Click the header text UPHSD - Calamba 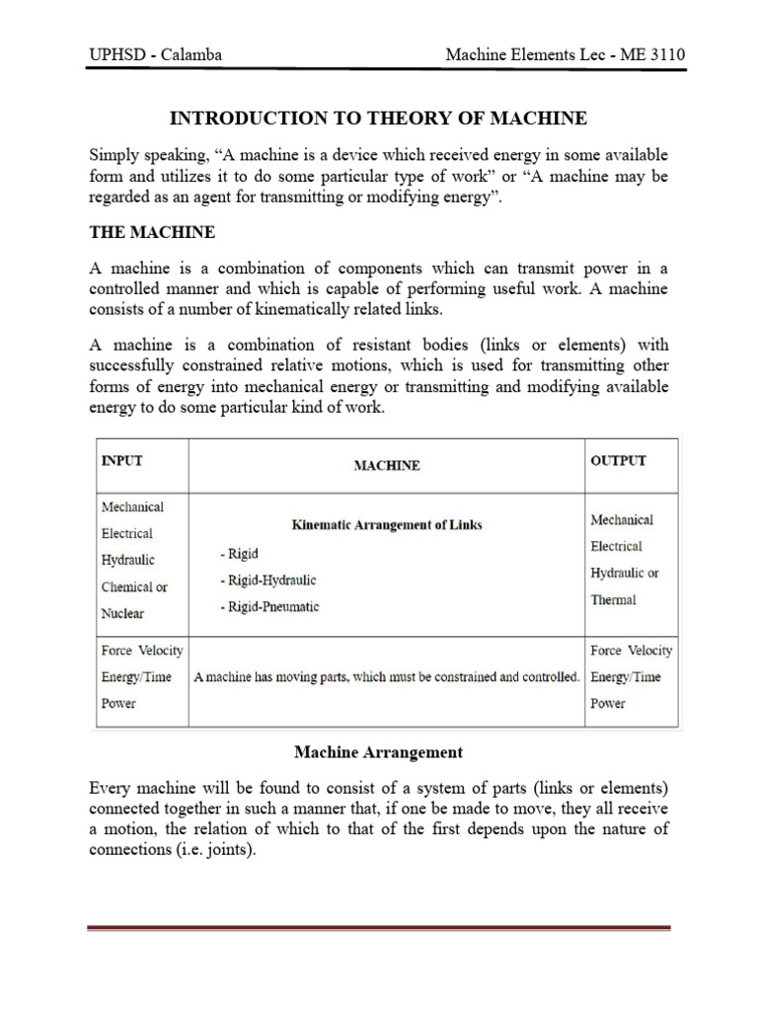[x=155, y=54]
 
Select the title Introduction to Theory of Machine [x=378, y=118]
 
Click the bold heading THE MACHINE [x=152, y=233]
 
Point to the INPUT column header [x=128, y=461]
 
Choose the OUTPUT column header [x=618, y=461]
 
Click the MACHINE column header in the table [x=387, y=466]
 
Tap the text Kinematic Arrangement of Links [x=387, y=525]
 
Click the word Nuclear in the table [x=122, y=613]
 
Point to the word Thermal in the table [x=613, y=599]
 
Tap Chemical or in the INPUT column [x=134, y=586]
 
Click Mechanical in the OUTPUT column [x=621, y=519]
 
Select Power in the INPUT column [x=118, y=704]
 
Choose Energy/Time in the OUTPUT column [x=625, y=677]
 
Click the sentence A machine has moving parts [x=386, y=677]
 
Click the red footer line [x=378, y=928]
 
